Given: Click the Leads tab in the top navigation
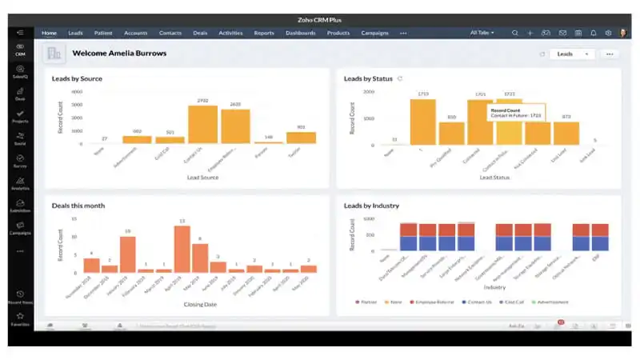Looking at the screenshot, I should pos(75,33).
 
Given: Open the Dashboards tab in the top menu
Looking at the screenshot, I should pos(300,33).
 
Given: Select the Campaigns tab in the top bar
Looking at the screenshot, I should pos(374,33).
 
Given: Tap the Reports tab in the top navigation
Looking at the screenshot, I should pos(264,33).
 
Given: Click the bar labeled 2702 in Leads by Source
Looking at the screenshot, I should pos(202,125).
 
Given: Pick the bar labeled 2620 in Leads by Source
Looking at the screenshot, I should pos(235,126).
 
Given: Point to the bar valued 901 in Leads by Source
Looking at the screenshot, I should pos(301,138).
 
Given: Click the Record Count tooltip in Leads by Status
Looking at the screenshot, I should pos(516,113).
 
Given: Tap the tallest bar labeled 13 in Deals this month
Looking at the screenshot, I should pos(182,249).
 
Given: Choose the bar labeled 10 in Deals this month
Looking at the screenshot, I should pos(127,254).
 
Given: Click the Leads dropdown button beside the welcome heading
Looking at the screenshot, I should pos(572,54).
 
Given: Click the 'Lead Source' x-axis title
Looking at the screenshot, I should pos(202,177).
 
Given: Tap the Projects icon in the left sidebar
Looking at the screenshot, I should pos(20,117).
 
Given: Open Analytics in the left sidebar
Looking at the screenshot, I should pos(20,184).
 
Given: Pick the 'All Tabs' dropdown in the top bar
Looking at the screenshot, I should pos(482,33).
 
